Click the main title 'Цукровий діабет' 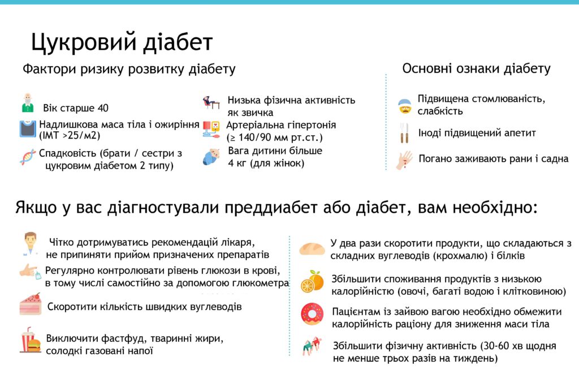coord(122,42)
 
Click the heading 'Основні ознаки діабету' coord(476,69)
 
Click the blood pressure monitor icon coord(211,130)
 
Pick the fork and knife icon coord(404,134)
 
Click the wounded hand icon coord(404,160)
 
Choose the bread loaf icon coord(312,249)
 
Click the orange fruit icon coord(312,282)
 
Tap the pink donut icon coord(312,313)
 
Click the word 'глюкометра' coord(258,283)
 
